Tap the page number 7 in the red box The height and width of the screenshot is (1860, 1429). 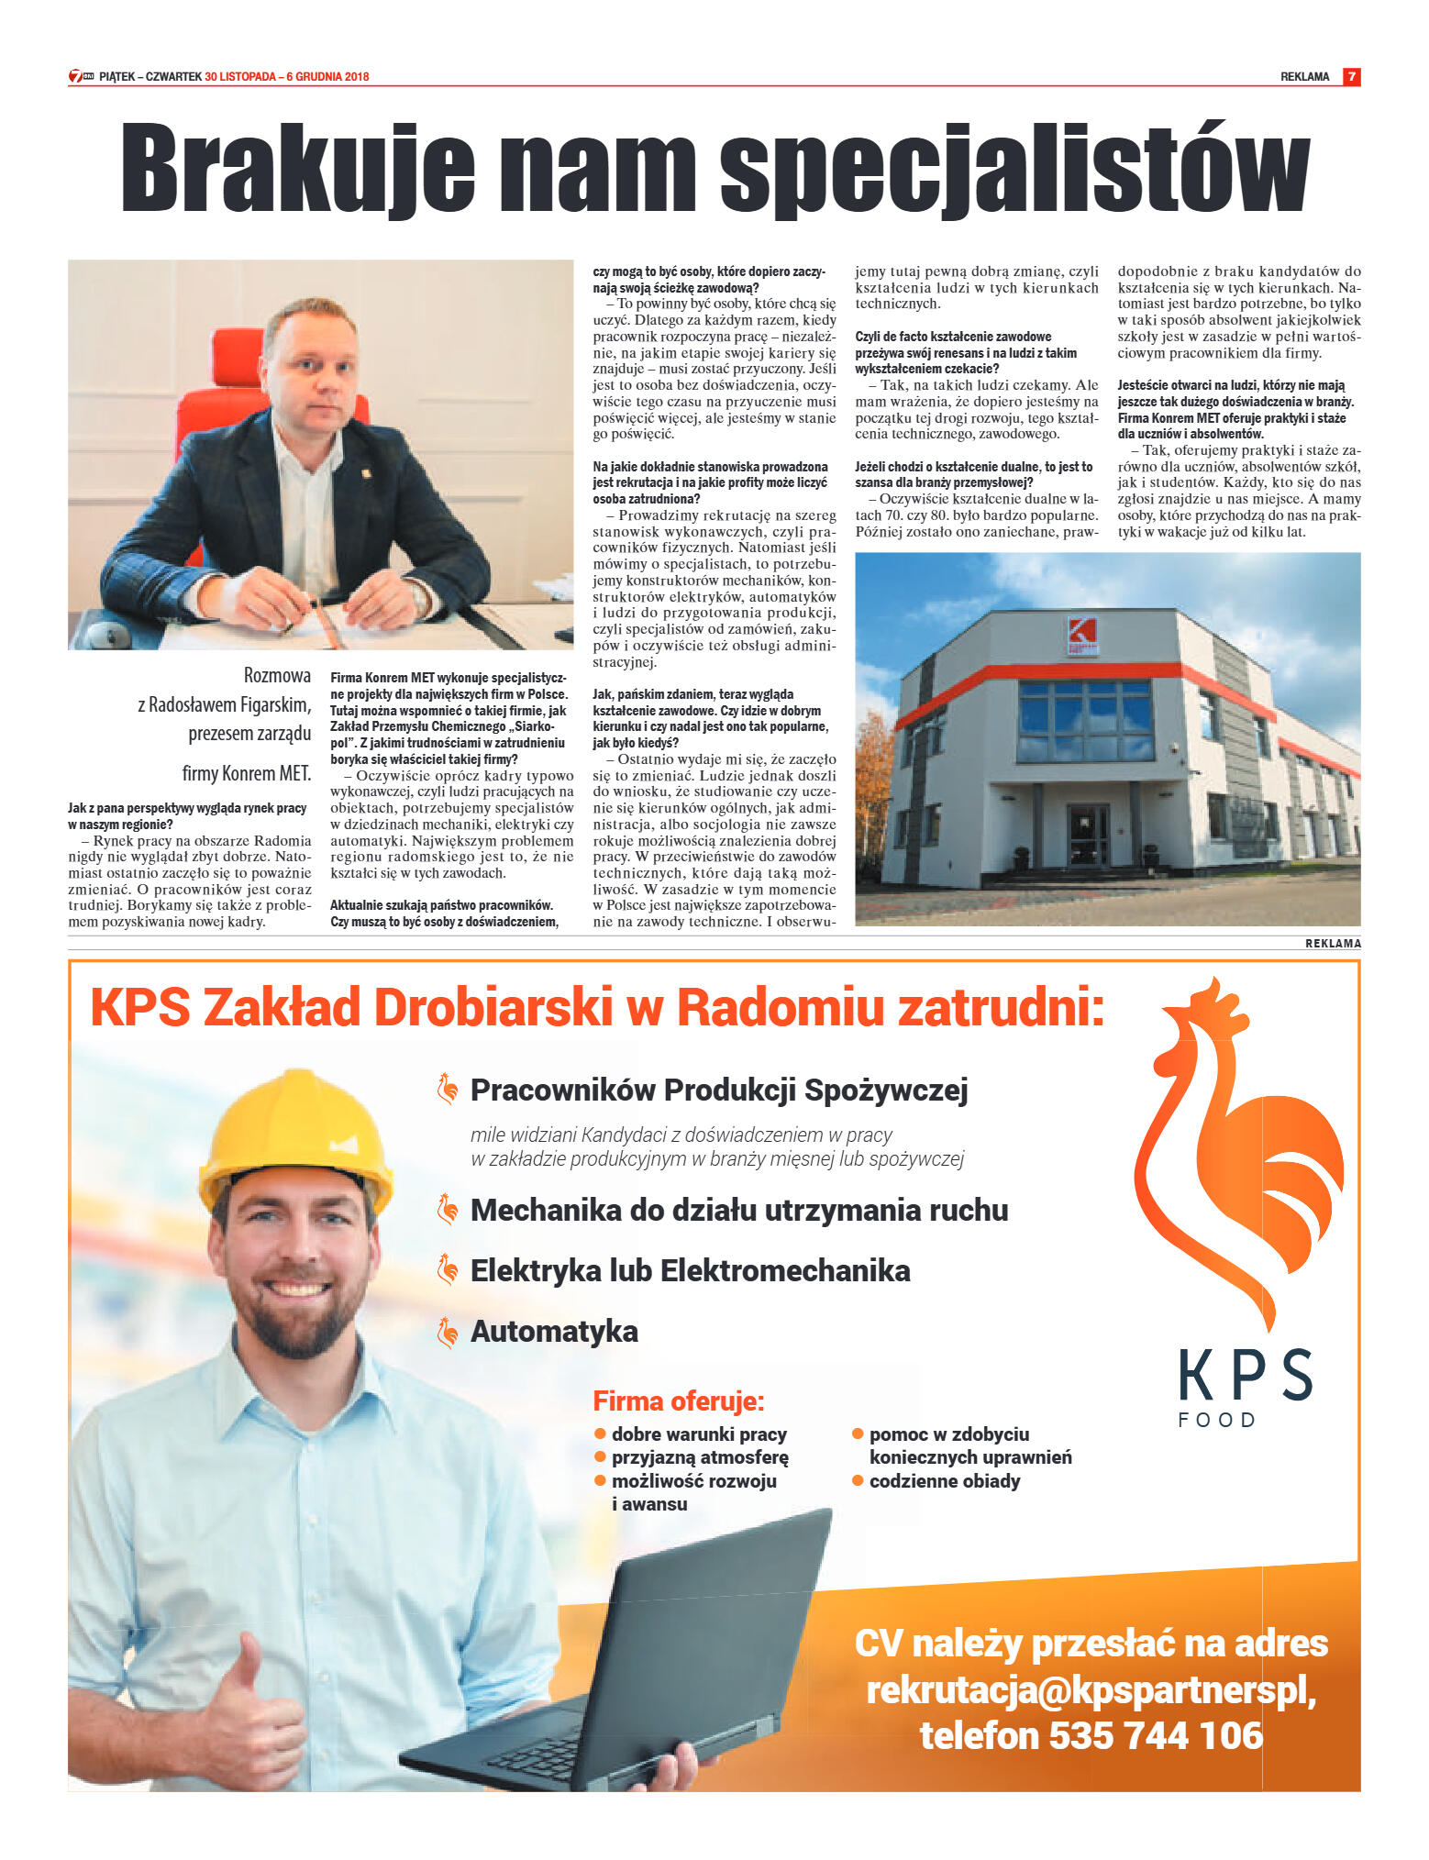[x=1350, y=77]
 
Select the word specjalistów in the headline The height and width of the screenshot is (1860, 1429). [x=1014, y=171]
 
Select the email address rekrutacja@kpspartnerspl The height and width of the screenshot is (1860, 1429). [x=1091, y=1690]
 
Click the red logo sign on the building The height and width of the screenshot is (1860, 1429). [x=1083, y=636]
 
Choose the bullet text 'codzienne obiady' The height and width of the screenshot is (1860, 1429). [x=944, y=1481]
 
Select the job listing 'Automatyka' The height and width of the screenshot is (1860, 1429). [x=554, y=1332]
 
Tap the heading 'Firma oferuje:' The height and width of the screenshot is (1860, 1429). [x=678, y=1401]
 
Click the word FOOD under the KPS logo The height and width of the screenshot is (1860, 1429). [x=1216, y=1420]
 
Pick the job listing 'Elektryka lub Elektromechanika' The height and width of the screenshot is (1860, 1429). [x=690, y=1271]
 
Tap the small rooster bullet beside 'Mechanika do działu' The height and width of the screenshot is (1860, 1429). [x=448, y=1210]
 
